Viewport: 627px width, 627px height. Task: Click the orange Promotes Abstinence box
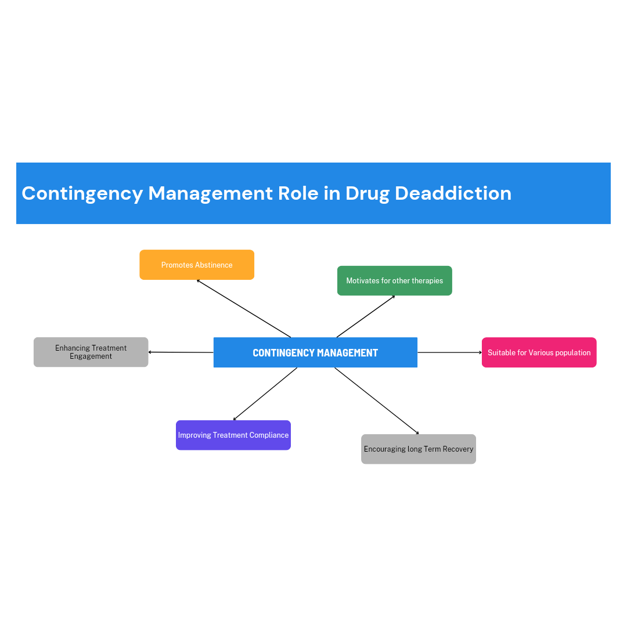pyautogui.click(x=197, y=265)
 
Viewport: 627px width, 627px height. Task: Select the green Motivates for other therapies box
pyautogui.click(x=395, y=281)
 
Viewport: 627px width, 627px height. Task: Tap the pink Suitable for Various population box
pyautogui.click(x=539, y=352)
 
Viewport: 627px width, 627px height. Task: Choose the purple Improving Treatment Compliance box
pyautogui.click(x=233, y=435)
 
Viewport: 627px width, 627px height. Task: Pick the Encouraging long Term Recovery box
pyautogui.click(x=418, y=449)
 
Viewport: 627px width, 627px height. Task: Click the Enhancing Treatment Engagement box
pyautogui.click(x=91, y=352)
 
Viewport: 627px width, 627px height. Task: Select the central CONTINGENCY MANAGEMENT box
pyautogui.click(x=315, y=352)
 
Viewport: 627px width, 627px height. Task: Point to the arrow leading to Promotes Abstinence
pyautogui.click(x=243, y=309)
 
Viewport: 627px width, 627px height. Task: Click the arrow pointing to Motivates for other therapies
pyautogui.click(x=366, y=316)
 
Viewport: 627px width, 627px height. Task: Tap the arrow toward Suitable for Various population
pyautogui.click(x=450, y=352)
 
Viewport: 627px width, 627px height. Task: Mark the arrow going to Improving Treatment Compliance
pyautogui.click(x=265, y=394)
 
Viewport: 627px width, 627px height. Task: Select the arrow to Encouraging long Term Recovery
pyautogui.click(x=377, y=401)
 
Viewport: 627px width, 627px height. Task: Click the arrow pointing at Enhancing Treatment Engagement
pyautogui.click(x=181, y=352)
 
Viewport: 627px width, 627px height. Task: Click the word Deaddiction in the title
pyautogui.click(x=453, y=193)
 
